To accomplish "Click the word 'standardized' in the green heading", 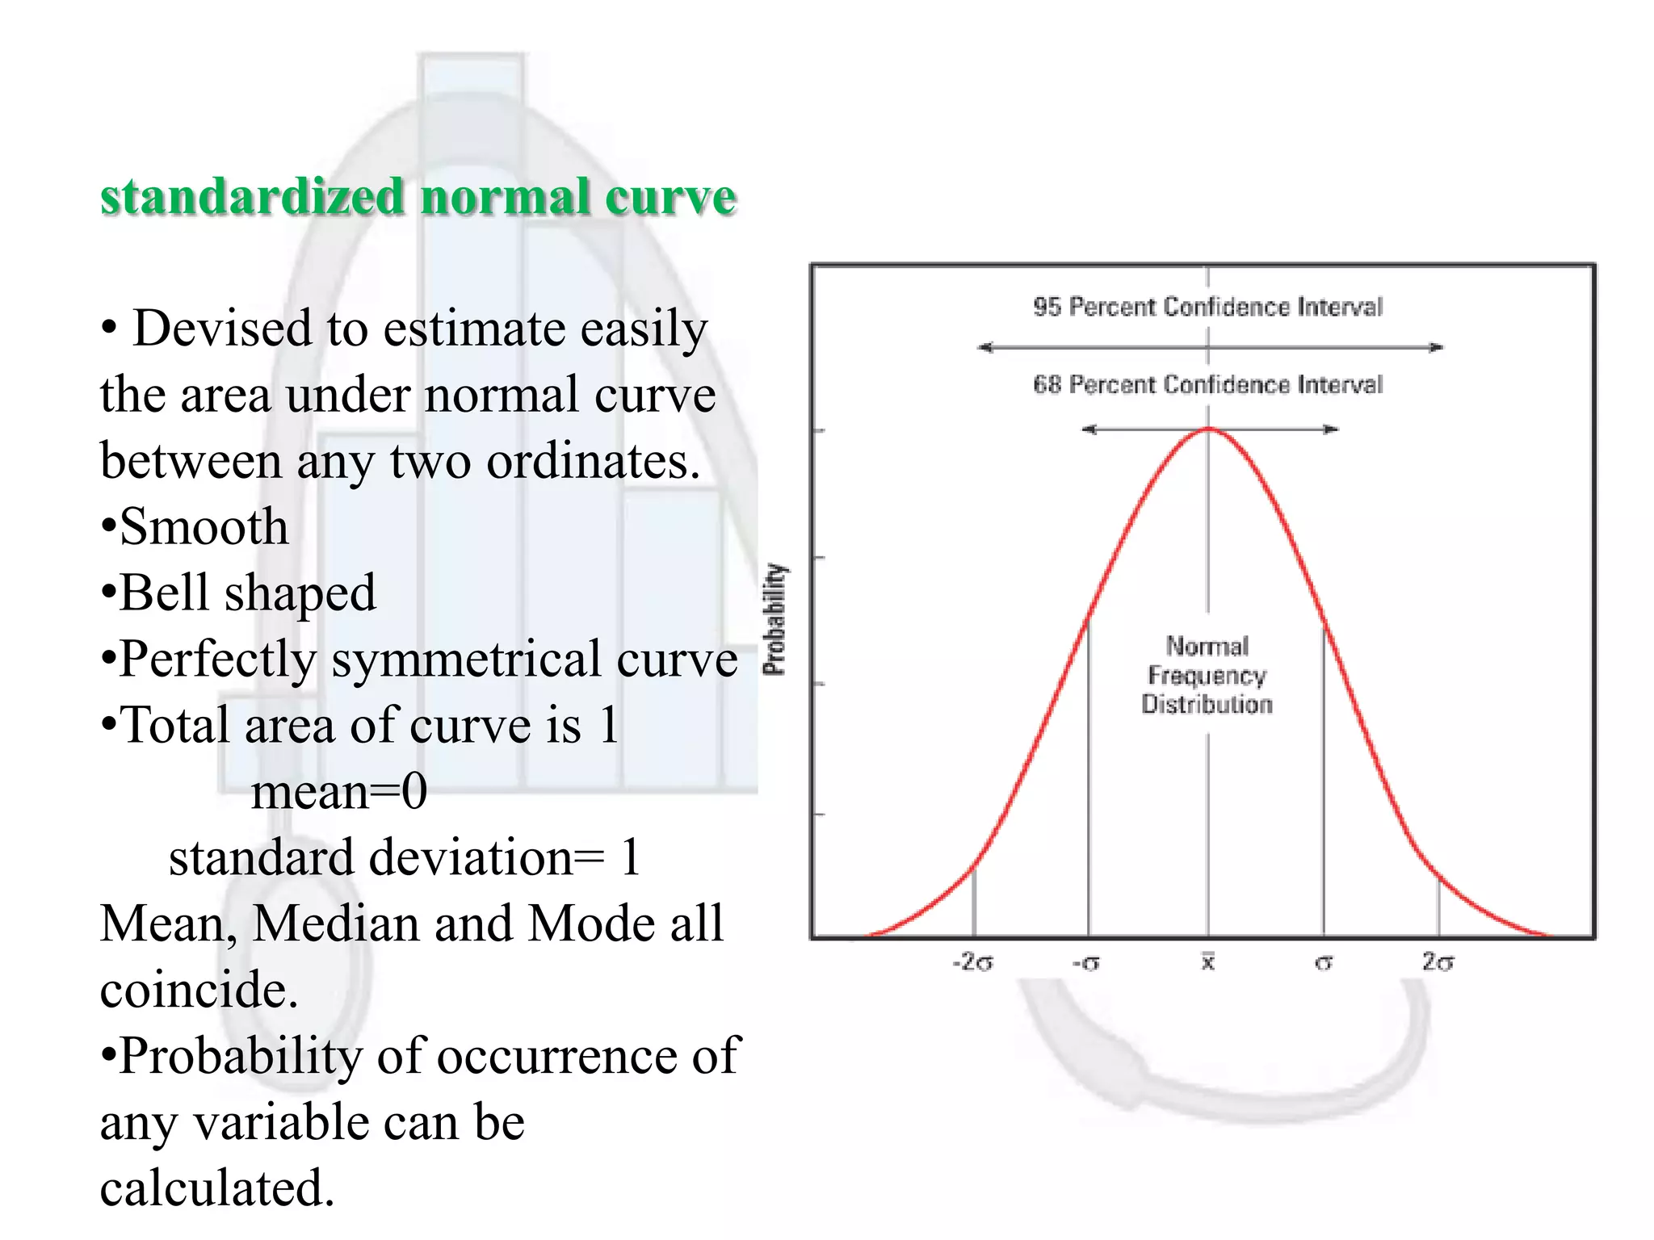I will click(x=251, y=196).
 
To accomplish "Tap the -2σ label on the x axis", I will click(x=972, y=962).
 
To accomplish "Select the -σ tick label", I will click(x=1086, y=963).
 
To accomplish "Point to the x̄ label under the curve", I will click(x=1208, y=961).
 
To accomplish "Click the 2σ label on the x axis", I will click(x=1438, y=961).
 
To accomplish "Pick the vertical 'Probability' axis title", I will click(x=775, y=618).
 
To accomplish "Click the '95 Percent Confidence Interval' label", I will click(x=1207, y=307).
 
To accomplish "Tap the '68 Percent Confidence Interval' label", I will click(x=1207, y=384).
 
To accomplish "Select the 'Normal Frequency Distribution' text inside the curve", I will click(x=1207, y=675).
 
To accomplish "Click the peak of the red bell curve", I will click(x=1209, y=429).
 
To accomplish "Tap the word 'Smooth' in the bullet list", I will click(x=204, y=527).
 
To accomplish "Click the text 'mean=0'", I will click(x=339, y=791).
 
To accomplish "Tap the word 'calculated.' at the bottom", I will click(x=216, y=1188).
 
